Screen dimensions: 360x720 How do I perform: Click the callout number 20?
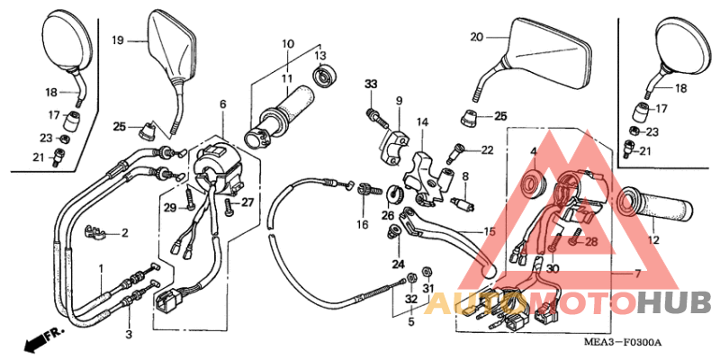pos(476,36)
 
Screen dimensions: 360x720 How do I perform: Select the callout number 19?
pos(118,40)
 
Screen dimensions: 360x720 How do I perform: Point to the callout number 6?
pos(221,104)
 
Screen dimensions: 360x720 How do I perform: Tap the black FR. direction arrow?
pos(35,341)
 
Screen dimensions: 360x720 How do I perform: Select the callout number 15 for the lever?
pos(489,231)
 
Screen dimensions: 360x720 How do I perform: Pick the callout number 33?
pos(369,84)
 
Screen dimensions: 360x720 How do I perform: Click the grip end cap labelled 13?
pos(323,75)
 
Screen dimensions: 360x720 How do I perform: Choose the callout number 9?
pos(398,100)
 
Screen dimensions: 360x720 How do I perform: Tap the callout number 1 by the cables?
pos(102,269)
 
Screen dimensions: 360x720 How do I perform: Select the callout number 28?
pos(591,242)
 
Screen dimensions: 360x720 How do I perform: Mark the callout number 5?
pos(410,320)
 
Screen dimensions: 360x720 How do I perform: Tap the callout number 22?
pos(487,149)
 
